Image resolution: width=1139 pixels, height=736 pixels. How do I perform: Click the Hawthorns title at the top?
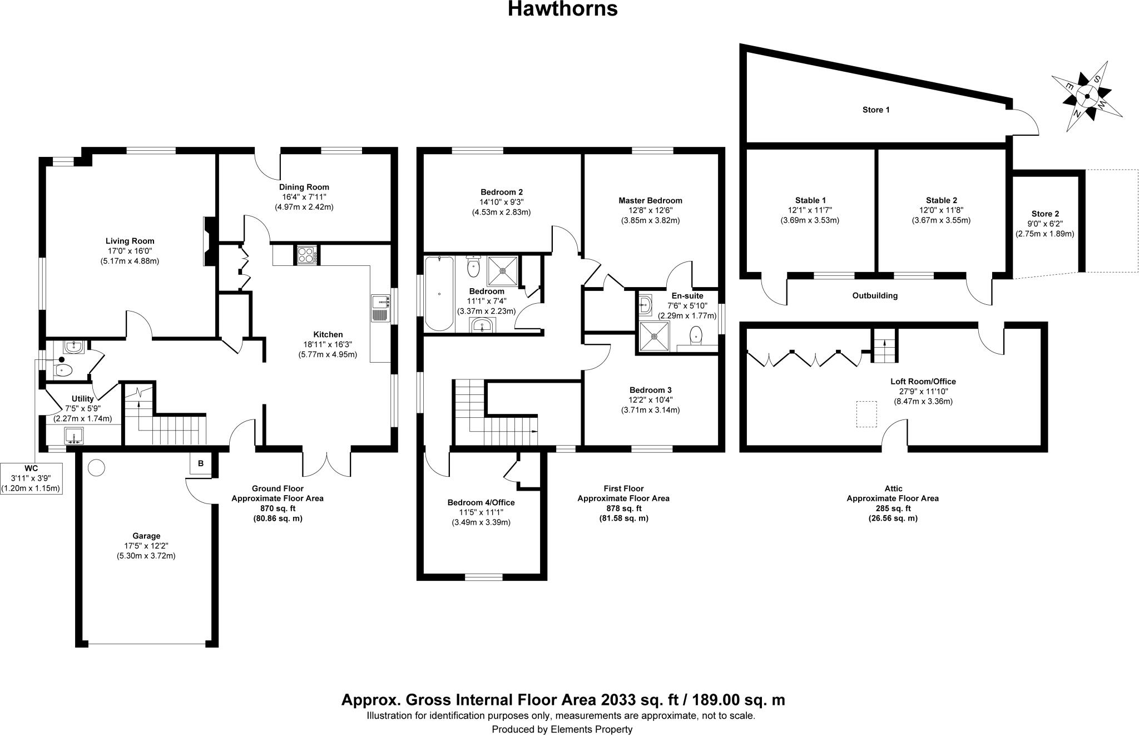562,9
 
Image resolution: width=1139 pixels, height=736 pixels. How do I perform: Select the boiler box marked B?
201,463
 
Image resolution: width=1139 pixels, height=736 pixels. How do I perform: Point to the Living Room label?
130,241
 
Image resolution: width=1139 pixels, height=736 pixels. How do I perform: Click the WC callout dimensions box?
31,478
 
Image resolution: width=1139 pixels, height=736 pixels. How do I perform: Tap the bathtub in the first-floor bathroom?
439,294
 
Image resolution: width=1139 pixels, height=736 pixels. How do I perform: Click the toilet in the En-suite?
696,335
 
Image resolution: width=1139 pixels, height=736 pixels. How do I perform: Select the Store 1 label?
875,110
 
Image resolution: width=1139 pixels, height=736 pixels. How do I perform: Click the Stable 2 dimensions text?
941,215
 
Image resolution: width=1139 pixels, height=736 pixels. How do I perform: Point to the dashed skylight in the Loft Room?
866,414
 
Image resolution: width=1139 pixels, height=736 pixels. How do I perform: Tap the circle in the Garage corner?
96,467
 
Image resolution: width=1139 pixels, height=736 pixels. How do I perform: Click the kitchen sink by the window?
380,308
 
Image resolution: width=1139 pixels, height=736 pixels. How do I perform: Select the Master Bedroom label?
650,200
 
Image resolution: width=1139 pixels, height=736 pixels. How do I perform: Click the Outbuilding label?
875,295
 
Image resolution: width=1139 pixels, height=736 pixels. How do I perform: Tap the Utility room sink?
74,434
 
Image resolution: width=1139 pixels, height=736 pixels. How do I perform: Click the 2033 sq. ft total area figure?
562,699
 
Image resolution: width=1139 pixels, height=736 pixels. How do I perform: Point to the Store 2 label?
1045,214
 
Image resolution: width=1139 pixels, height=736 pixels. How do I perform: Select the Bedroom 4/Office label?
481,502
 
